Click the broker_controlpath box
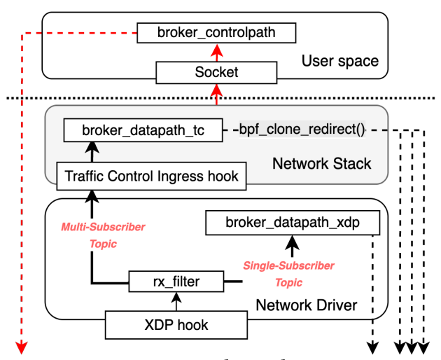click(x=216, y=32)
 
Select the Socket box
click(x=216, y=71)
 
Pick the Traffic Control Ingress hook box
click(x=151, y=176)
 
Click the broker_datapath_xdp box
click(x=293, y=223)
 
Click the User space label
click(x=341, y=60)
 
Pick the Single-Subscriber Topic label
click(x=288, y=274)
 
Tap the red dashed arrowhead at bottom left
click(x=21, y=346)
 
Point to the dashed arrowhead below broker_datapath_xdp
click(x=374, y=346)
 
